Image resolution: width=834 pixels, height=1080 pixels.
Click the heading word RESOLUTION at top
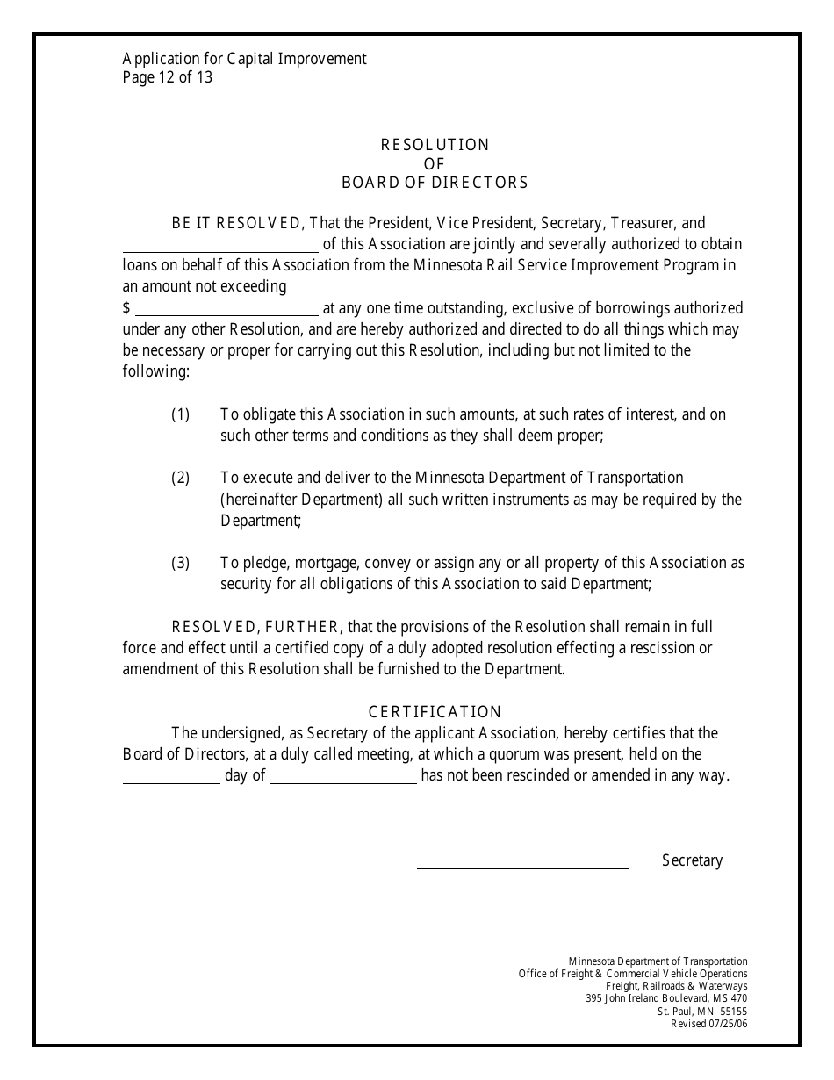435,145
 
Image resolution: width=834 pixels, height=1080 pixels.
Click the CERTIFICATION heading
435,712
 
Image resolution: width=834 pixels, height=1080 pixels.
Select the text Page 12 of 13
168,77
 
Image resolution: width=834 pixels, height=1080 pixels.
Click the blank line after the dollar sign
226,313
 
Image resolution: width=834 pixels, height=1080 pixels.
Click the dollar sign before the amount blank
126,308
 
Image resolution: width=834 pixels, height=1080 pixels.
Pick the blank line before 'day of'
170,781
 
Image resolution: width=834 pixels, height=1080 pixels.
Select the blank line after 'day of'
343,781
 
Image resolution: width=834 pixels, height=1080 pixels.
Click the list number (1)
180,414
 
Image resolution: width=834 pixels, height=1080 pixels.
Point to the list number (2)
180,479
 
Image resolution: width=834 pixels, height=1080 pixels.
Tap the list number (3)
180,563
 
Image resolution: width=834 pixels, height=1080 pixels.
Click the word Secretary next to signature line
692,860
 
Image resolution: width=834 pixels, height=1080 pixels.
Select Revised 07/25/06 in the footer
708,1024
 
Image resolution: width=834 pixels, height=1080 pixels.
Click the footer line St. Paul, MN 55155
702,1012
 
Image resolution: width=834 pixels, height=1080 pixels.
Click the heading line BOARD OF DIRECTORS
435,184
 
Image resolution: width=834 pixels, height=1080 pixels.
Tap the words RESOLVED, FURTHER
255,627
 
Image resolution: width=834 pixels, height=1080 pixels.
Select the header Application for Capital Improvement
244,59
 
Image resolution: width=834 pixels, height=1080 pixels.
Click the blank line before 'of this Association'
219,249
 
